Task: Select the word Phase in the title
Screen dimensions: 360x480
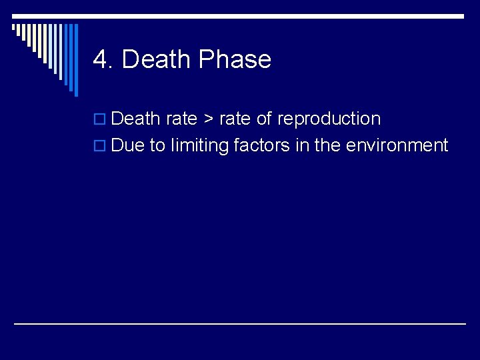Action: pyautogui.click(x=235, y=60)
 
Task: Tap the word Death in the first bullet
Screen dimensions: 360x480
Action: pyautogui.click(x=136, y=119)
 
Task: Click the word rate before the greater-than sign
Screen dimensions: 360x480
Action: pyautogui.click(x=181, y=119)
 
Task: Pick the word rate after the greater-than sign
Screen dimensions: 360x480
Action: pyautogui.click(x=235, y=119)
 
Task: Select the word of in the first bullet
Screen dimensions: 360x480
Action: pyautogui.click(x=264, y=119)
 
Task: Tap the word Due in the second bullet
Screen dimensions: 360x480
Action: pyautogui.click(x=128, y=145)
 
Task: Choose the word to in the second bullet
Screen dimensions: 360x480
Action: pyautogui.click(x=157, y=145)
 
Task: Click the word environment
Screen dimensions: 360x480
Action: pyautogui.click(x=397, y=145)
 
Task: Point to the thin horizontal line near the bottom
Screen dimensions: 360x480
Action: pyautogui.click(x=240, y=323)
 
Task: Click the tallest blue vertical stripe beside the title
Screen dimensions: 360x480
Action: pyautogui.click(x=75, y=60)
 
